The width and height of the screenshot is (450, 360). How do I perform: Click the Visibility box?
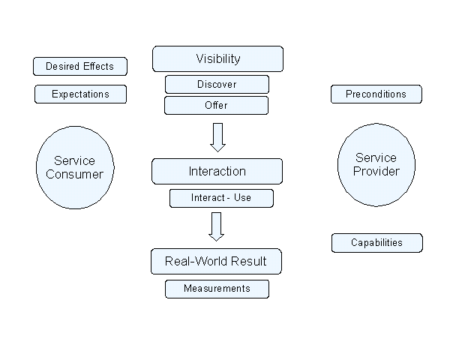(217, 58)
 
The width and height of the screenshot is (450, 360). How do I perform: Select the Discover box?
(217, 84)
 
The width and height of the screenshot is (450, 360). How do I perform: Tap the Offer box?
(216, 105)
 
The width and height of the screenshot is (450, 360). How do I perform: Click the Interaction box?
(217, 171)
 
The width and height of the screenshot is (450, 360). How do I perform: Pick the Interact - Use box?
(220, 198)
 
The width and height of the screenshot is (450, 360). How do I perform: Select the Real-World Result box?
(217, 261)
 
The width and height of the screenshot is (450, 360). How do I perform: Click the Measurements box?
(217, 288)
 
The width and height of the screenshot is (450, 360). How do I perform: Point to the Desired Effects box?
(80, 66)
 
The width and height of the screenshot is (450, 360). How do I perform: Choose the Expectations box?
(80, 94)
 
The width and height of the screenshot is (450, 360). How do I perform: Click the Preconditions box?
(376, 94)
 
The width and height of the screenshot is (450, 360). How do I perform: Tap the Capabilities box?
(376, 242)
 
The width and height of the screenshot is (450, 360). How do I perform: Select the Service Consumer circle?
(74, 168)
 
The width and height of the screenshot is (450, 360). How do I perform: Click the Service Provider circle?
(376, 164)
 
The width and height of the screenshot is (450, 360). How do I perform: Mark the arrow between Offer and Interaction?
(217, 136)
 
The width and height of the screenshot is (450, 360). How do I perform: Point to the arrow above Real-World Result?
(217, 226)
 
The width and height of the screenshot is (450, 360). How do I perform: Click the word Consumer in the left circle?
(74, 175)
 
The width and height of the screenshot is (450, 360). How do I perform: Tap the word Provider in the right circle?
(376, 171)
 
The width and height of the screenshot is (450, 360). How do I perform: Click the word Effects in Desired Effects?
(99, 66)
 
